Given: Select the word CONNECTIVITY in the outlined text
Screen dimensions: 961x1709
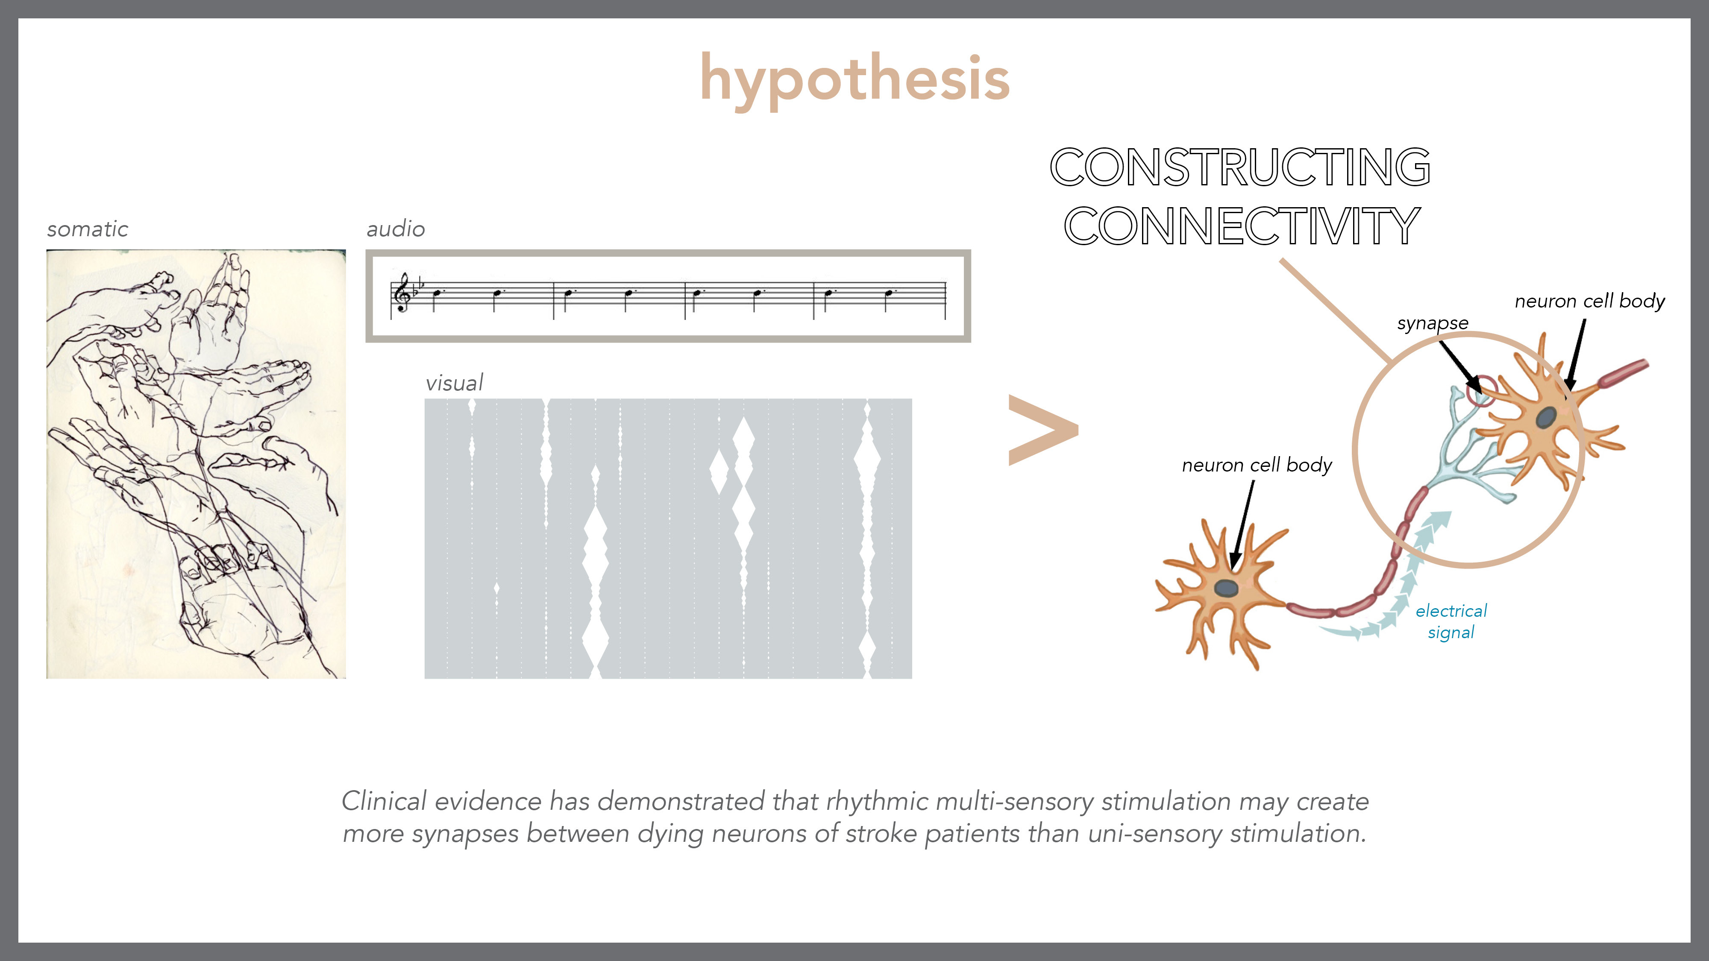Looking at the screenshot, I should [x=1241, y=226].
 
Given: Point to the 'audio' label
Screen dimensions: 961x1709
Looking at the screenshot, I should [x=395, y=229].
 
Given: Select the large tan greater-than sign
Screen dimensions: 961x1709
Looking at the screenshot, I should [x=1042, y=430].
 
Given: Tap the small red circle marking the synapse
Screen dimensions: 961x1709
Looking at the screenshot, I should [x=1481, y=391].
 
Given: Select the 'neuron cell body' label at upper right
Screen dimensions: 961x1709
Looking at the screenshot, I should [x=1589, y=302].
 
